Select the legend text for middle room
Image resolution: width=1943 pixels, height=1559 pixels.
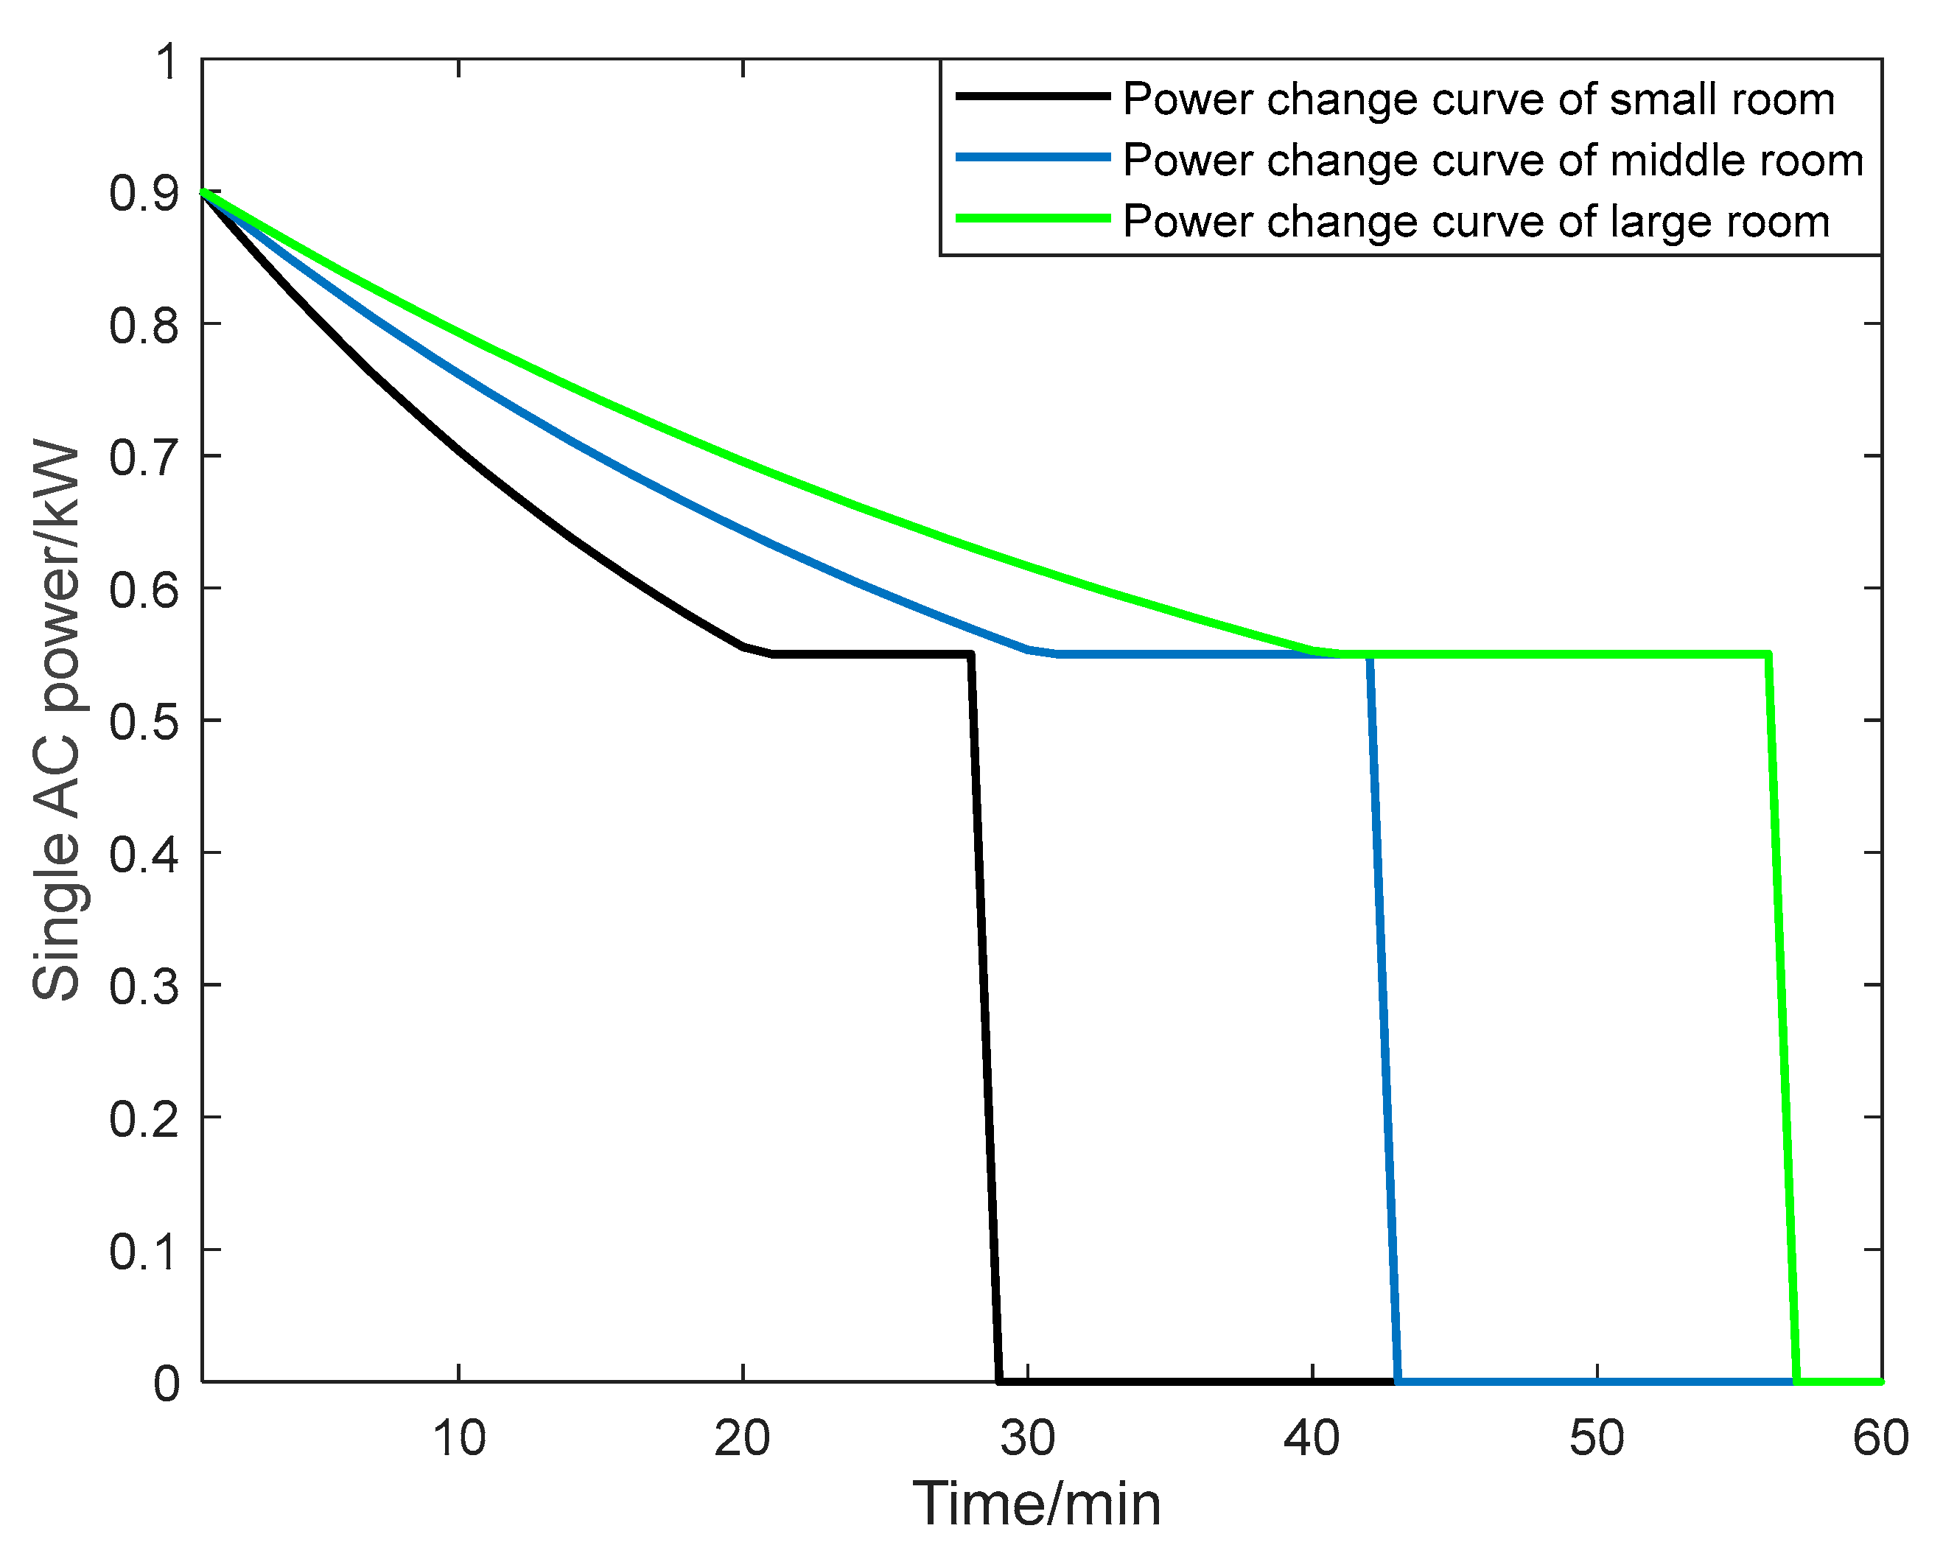pos(1492,161)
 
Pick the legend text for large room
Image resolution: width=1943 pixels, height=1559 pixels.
pos(1476,222)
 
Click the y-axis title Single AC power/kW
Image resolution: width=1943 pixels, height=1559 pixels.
pos(56,721)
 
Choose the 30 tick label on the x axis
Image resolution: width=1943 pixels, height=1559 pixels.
pos(1027,1438)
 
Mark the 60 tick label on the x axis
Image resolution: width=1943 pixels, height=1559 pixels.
pos(1880,1438)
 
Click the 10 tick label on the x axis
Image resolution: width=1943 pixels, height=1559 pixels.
pos(459,1438)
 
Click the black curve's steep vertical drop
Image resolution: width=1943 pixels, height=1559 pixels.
pos(985,1018)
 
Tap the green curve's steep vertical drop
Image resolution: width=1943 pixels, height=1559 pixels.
pos(1782,1018)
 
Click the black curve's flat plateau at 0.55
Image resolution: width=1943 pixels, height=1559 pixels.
pos(869,654)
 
